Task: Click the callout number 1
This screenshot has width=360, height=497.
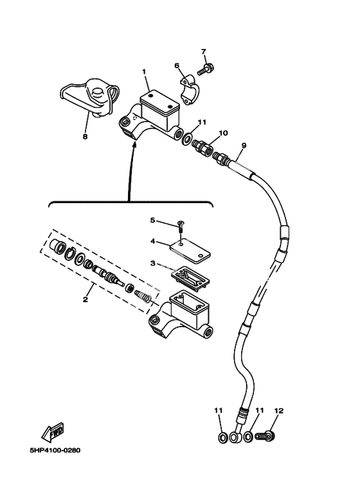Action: point(144,71)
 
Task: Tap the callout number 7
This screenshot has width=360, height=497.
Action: point(203,51)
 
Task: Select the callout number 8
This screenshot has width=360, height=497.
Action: point(85,136)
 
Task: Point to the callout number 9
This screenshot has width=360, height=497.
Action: point(244,145)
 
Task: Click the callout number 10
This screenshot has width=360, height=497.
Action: point(223,133)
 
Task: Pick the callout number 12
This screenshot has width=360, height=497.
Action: point(278,410)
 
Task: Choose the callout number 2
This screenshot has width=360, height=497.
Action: point(85,299)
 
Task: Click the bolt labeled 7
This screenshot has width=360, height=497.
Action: point(206,69)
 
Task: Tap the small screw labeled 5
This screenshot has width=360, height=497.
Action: point(181,227)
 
